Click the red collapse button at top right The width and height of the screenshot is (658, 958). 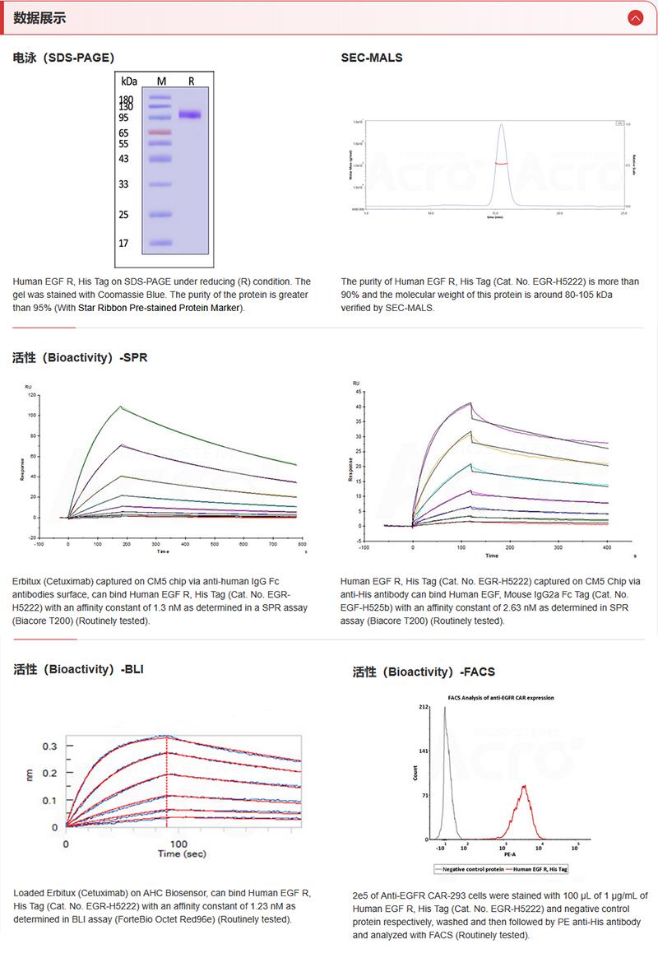634,17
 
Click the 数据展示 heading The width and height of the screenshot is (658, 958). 40,17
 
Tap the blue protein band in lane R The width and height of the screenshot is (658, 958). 191,114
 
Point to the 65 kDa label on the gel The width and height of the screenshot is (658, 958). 123,133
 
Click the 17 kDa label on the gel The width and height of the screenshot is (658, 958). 123,244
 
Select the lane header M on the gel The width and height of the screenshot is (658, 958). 161,81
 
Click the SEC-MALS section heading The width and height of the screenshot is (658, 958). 372,58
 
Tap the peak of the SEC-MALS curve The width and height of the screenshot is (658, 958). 501,125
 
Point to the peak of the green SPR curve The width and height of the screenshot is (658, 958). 121,407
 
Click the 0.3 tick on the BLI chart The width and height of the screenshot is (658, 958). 50,746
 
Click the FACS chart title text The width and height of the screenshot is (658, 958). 500,697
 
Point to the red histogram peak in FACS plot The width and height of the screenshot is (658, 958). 524,786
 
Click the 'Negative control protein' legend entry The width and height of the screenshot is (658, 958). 470,868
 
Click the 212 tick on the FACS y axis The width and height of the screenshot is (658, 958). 424,707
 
